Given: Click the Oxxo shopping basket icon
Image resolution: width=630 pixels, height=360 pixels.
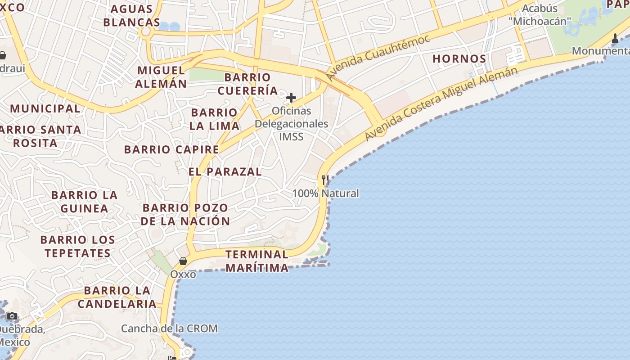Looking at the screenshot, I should tap(183, 261).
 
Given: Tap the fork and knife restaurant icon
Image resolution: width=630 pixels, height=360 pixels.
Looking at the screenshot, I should tap(325, 180).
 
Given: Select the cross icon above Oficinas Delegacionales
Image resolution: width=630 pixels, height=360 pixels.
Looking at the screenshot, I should tap(291, 97).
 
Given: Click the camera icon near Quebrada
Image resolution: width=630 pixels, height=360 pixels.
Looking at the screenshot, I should tap(12, 316).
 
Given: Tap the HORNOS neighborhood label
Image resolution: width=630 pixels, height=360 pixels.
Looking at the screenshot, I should tap(459, 59).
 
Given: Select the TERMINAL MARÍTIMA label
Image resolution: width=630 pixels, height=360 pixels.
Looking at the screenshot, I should tap(257, 261).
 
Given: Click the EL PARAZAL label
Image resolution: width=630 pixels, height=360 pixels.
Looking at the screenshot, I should tap(225, 171).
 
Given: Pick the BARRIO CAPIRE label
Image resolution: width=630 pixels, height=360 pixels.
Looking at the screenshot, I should tap(171, 149).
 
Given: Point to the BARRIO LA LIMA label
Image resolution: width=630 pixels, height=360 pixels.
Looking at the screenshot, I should tap(214, 119).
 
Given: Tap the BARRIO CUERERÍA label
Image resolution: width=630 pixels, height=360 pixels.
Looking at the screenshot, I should tap(247, 84).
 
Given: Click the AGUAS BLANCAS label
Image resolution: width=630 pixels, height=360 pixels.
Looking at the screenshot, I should tap(131, 16).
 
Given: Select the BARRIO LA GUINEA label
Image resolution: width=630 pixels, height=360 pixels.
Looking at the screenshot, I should tap(84, 202).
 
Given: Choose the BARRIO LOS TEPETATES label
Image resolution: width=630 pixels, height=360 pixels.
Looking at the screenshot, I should tap(77, 246).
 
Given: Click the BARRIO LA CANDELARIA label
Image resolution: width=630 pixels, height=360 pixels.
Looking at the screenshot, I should tap(117, 297).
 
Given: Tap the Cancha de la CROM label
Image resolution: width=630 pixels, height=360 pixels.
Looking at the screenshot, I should tap(169, 328).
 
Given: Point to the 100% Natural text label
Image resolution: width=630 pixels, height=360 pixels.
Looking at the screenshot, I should tap(326, 193).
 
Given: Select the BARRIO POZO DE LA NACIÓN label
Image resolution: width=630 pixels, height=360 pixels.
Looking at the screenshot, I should tap(185, 215).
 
